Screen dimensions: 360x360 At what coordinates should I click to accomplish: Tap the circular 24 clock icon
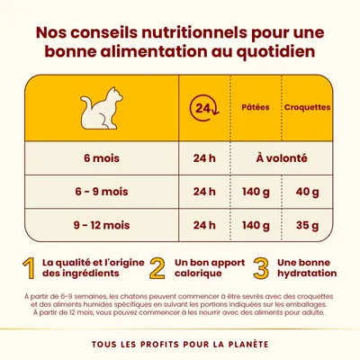[x=204, y=109]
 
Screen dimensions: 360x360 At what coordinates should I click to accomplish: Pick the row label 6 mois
[x=103, y=158]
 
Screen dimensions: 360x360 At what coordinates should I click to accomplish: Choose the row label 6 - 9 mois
[x=103, y=191]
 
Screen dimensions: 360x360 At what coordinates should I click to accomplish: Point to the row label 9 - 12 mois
[x=103, y=224]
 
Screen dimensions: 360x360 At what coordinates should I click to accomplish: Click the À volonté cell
[x=282, y=158]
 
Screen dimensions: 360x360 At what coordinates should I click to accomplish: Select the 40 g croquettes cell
[x=306, y=191]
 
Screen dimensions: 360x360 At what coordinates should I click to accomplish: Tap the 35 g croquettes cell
[x=306, y=224]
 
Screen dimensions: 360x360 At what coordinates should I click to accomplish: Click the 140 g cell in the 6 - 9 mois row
[x=257, y=191]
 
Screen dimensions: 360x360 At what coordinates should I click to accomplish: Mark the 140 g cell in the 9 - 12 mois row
[x=257, y=224]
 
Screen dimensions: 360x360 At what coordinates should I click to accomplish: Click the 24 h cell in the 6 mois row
[x=204, y=158]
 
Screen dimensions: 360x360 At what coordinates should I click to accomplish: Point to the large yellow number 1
[x=30, y=269]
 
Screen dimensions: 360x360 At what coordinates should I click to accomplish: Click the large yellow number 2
[x=157, y=269]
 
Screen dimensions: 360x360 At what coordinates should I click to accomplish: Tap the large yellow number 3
[x=262, y=269]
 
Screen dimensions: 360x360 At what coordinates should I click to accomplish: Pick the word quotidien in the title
[x=270, y=51]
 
